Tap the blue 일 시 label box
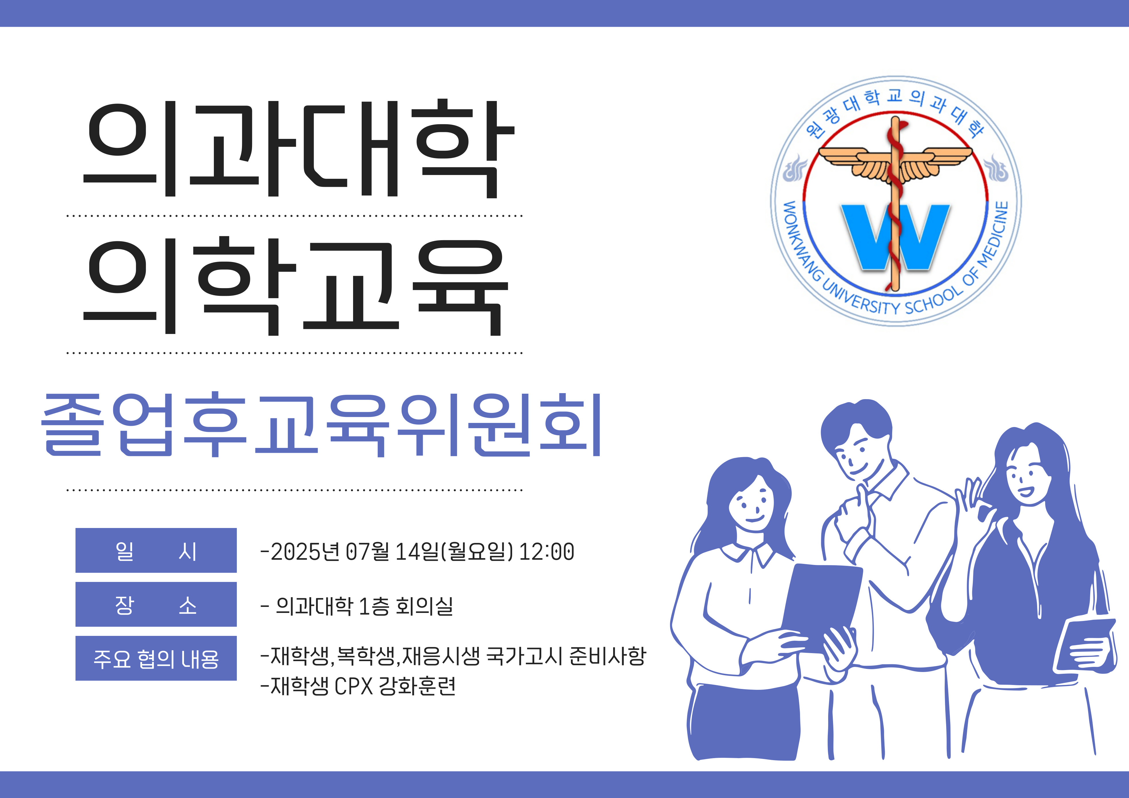pyautogui.click(x=156, y=550)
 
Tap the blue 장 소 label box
pyautogui.click(x=156, y=604)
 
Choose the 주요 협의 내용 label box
pyautogui.click(x=156, y=658)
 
